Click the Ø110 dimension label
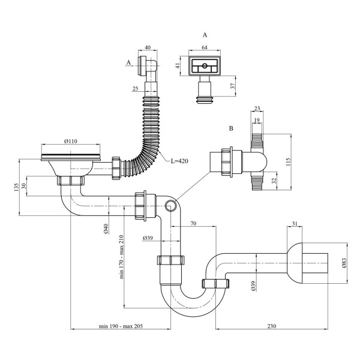coord(71,142)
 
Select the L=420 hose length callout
coord(179,161)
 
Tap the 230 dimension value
coord(272,326)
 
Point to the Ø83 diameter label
coord(344,263)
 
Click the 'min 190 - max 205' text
coord(121,326)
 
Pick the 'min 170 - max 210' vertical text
coord(121,257)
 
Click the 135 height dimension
coord(16,188)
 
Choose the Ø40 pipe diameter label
coord(106,229)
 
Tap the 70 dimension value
coord(194,223)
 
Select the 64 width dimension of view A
coord(205,47)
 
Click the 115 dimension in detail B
coord(289,162)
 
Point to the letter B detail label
coord(231,128)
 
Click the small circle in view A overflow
coord(205,67)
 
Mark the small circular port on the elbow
coord(170,205)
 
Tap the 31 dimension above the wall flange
coord(295,223)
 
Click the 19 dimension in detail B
coord(257,120)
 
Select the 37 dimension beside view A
coord(233,86)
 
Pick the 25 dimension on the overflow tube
coord(136,89)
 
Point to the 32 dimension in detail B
coord(274,181)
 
